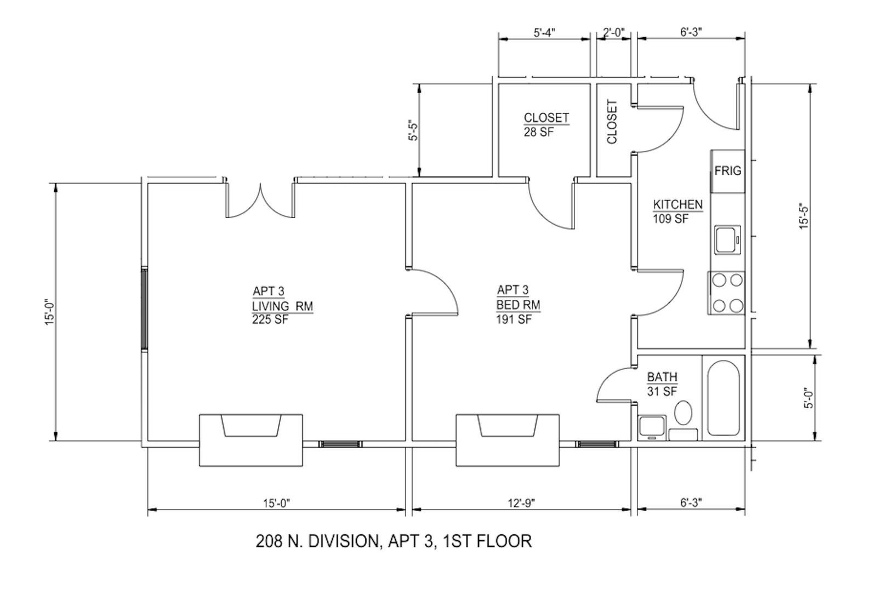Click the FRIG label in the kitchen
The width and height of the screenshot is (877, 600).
click(727, 170)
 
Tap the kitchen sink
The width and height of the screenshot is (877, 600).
click(727, 239)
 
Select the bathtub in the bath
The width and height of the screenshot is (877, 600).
click(724, 398)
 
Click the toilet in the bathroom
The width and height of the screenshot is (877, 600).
click(683, 413)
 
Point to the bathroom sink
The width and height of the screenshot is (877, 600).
click(652, 428)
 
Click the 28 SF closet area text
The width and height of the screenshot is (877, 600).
click(539, 132)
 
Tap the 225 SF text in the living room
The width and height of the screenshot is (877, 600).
click(270, 320)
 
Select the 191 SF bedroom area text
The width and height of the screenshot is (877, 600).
click(514, 319)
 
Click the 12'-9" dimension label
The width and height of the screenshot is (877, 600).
click(521, 502)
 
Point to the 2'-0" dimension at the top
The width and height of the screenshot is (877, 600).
click(613, 32)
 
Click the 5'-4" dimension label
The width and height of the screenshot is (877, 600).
click(544, 32)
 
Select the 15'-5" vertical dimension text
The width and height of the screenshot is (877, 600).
click(804, 216)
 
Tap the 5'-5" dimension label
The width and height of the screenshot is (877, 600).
click(413, 130)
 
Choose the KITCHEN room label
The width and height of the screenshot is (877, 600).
click(677, 205)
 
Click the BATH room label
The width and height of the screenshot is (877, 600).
click(662, 377)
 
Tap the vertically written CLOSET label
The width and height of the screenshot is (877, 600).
click(612, 122)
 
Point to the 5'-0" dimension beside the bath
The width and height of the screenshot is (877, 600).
click(809, 398)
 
